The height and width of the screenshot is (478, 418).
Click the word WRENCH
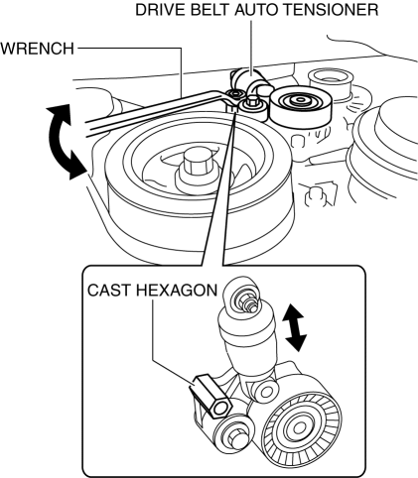click(37, 49)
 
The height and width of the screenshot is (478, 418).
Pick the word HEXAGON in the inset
click(177, 291)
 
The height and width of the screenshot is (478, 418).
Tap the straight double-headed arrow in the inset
click(294, 327)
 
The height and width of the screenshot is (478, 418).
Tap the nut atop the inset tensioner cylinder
click(245, 300)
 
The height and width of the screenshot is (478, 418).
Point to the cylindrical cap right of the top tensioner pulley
click(331, 83)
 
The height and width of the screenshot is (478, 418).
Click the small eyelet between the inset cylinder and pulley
click(265, 391)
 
